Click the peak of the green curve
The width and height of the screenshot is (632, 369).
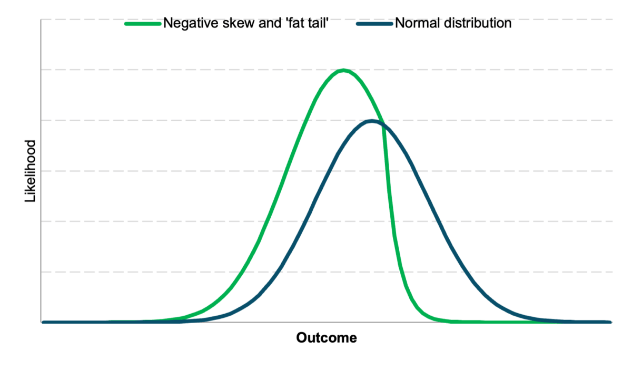[343, 70]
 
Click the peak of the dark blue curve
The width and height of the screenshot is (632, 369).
[372, 121]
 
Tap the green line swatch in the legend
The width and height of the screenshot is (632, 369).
[143, 24]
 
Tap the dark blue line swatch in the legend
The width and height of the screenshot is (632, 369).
[374, 24]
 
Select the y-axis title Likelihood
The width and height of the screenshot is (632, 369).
[30, 171]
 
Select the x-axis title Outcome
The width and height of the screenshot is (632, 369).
[327, 338]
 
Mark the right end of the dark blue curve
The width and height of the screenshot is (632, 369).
[610, 322]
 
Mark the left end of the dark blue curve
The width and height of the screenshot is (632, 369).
[43, 322]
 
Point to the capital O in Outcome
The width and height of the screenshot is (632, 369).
[301, 338]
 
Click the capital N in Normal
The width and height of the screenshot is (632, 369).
[399, 24]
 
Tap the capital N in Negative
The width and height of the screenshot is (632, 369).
[168, 24]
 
